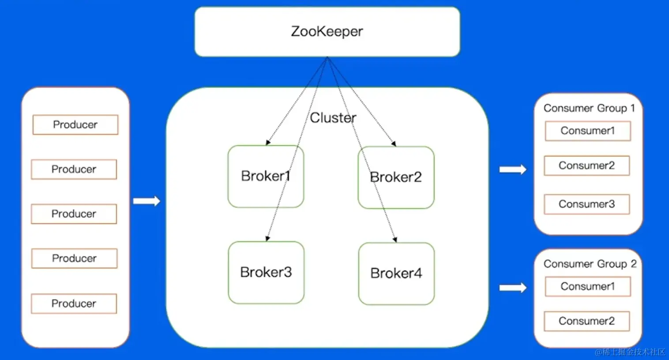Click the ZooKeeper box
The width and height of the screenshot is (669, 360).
(327, 32)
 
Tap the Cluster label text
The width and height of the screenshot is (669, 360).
(333, 118)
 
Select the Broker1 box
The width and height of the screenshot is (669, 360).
(266, 176)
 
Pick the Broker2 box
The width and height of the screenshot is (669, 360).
(396, 177)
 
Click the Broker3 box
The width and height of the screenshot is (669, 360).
(266, 272)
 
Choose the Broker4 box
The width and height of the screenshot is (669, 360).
(396, 274)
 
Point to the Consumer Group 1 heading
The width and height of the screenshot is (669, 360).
(589, 108)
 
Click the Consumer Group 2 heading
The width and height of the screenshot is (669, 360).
(590, 264)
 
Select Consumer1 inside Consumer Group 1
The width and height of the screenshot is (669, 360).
(587, 131)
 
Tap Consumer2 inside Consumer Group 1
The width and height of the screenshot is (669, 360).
(586, 166)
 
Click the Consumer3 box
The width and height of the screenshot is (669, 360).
(586, 204)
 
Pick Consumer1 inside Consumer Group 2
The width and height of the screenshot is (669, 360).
(587, 287)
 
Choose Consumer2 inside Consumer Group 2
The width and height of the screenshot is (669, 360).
(586, 321)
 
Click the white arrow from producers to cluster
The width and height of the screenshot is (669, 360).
(147, 201)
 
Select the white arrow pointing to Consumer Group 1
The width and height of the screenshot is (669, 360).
(513, 169)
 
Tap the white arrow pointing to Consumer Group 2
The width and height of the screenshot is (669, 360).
(513, 288)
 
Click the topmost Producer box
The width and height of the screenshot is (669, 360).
(75, 125)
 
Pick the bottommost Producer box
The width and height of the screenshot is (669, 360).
(74, 304)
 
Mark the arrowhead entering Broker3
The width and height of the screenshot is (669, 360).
(267, 238)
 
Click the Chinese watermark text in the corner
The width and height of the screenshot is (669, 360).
(630, 352)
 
